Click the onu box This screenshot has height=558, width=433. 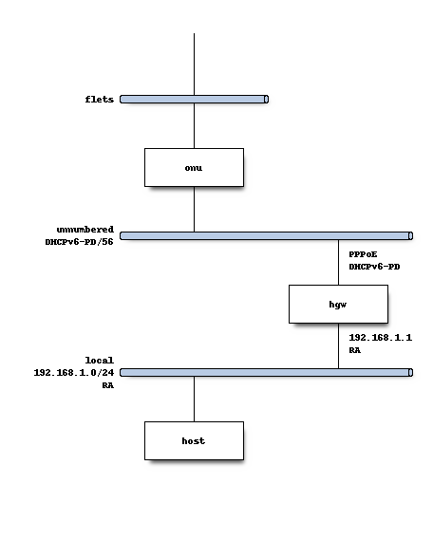click(x=194, y=167)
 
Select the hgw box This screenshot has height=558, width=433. click(x=339, y=305)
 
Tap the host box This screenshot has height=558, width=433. click(x=194, y=441)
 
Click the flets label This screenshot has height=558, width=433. click(x=99, y=99)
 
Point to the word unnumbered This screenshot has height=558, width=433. click(x=85, y=230)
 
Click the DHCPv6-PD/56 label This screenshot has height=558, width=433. click(x=79, y=242)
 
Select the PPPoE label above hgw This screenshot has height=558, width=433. click(x=362, y=254)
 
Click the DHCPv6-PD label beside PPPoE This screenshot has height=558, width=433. click(x=374, y=267)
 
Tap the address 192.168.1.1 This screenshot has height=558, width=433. click(x=380, y=338)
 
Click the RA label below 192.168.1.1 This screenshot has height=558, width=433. click(x=354, y=350)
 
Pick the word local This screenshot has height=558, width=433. click(x=99, y=361)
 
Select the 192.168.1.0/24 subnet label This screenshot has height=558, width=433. click(x=73, y=373)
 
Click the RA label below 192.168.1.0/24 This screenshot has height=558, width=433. click(x=107, y=385)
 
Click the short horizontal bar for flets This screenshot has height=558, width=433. click(x=194, y=99)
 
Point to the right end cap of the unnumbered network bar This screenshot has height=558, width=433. click(x=410, y=235)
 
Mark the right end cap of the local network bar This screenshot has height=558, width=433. click(x=410, y=373)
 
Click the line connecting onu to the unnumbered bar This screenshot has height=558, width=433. click(x=194, y=209)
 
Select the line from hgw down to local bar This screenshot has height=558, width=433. click(x=339, y=346)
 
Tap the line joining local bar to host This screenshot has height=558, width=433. click(x=194, y=400)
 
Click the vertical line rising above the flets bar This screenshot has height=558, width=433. click(x=194, y=63)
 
